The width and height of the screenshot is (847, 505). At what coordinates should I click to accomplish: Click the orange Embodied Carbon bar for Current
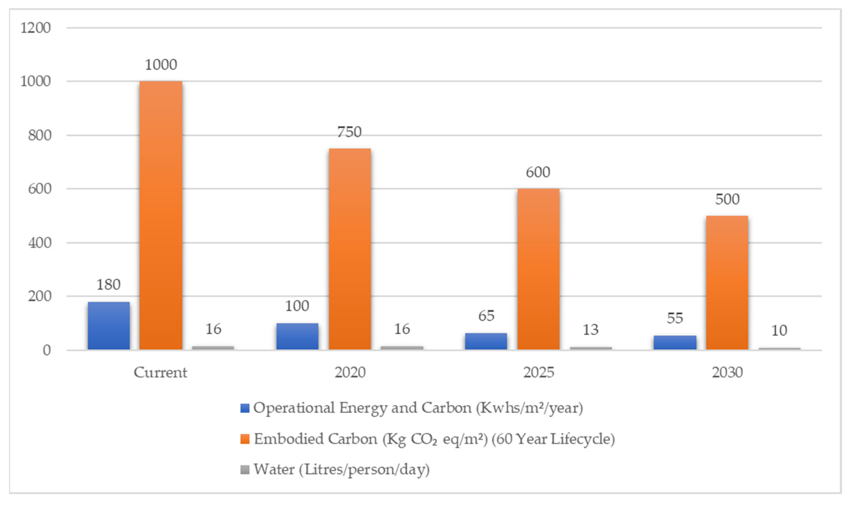click(x=161, y=215)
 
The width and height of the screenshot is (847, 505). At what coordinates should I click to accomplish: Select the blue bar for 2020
click(x=297, y=336)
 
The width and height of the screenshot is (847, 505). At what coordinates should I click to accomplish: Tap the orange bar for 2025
click(x=538, y=269)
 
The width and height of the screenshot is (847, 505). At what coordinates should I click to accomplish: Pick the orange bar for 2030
click(x=727, y=282)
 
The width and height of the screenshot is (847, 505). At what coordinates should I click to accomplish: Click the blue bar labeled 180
click(x=109, y=325)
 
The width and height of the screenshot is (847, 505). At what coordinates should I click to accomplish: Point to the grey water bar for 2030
click(x=779, y=348)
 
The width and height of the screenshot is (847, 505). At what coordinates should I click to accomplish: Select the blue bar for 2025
click(x=486, y=341)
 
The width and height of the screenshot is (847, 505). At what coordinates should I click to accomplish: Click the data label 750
click(x=349, y=132)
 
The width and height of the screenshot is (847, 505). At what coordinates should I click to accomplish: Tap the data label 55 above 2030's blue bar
click(x=675, y=318)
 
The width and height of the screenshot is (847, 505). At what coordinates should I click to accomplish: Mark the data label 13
click(x=590, y=329)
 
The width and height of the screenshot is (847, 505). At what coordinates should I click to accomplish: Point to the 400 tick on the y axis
click(x=40, y=243)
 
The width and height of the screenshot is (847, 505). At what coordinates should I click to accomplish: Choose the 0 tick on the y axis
click(x=47, y=350)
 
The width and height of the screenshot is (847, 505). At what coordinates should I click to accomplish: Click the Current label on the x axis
click(x=160, y=373)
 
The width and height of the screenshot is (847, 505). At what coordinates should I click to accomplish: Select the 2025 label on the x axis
click(x=538, y=373)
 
